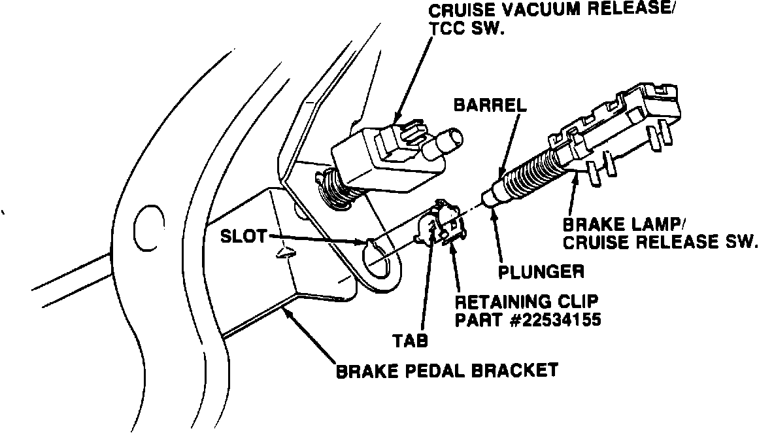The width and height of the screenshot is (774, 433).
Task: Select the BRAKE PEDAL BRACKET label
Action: tap(447, 371)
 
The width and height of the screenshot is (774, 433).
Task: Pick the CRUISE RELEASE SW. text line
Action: tap(660, 242)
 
